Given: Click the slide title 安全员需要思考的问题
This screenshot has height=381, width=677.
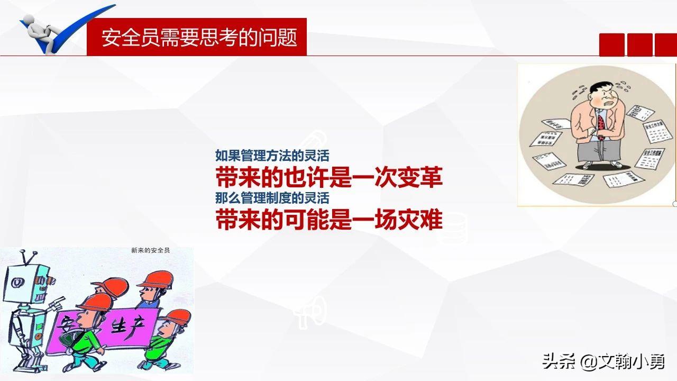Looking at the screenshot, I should (x=199, y=38).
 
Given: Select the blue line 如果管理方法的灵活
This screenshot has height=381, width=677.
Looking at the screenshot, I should (x=272, y=156).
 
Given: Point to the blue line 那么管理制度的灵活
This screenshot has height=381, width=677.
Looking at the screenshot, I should (x=272, y=198).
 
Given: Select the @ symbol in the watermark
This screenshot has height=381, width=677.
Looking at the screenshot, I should (x=589, y=361).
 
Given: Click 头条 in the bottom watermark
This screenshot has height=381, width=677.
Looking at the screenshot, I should (x=557, y=361).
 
